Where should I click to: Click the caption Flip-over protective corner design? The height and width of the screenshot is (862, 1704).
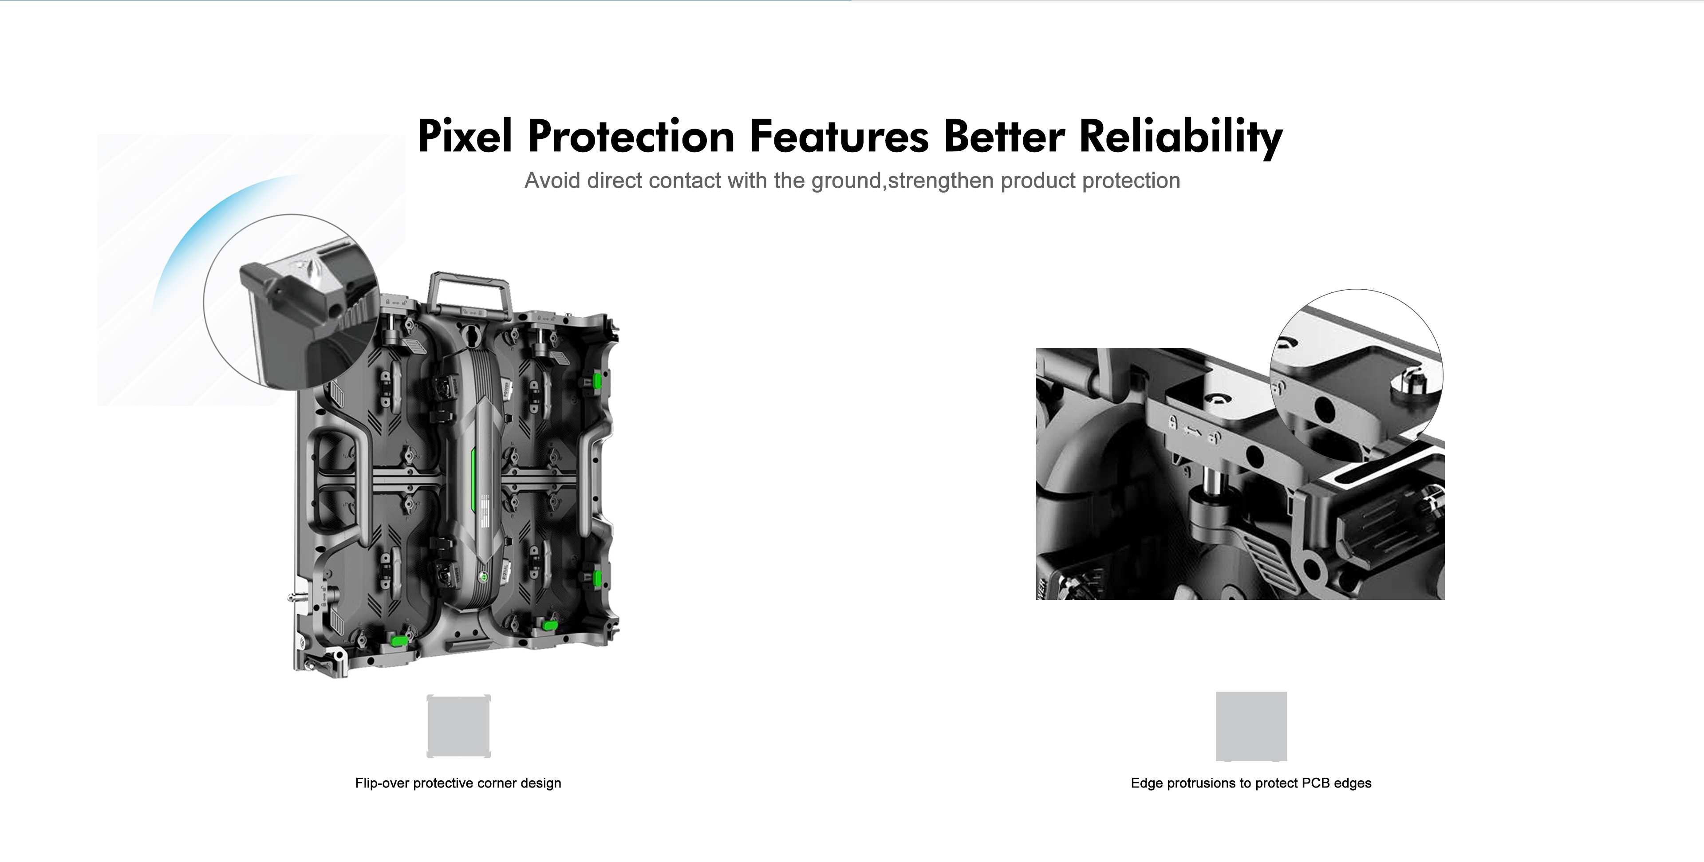pyautogui.click(x=458, y=783)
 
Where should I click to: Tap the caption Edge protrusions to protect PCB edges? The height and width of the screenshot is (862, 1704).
pyautogui.click(x=1251, y=783)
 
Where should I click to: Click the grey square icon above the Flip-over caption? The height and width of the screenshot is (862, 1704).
pyautogui.click(x=458, y=726)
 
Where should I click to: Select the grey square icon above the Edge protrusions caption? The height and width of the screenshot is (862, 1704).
pyautogui.click(x=1251, y=726)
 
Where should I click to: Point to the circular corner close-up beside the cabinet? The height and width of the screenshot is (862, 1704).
pyautogui.click(x=292, y=302)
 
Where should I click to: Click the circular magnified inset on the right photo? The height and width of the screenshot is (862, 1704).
pyautogui.click(x=1357, y=375)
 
